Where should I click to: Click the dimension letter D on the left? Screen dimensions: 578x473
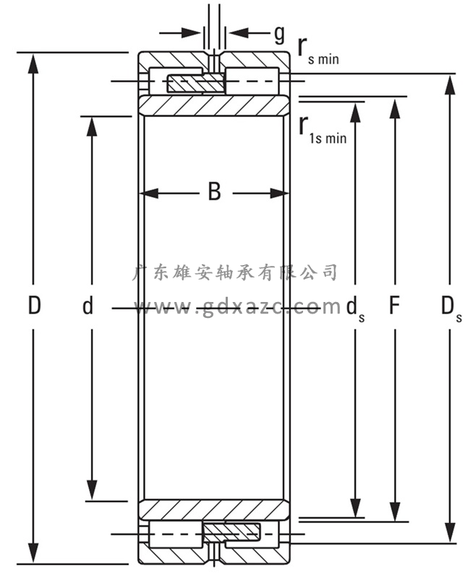[x=34, y=306]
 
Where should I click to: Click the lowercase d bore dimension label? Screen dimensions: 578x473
[x=88, y=306]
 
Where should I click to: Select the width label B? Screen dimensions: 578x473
[x=214, y=192]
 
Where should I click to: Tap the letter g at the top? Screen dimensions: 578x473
[x=279, y=33]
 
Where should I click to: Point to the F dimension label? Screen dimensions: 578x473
[x=394, y=306]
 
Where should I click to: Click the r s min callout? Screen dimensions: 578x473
[x=318, y=49]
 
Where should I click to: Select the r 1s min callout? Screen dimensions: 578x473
[x=323, y=128]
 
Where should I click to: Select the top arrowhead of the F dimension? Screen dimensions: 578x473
[x=394, y=105]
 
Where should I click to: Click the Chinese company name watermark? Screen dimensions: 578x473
[x=236, y=273]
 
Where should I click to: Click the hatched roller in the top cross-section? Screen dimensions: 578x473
[x=195, y=83]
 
